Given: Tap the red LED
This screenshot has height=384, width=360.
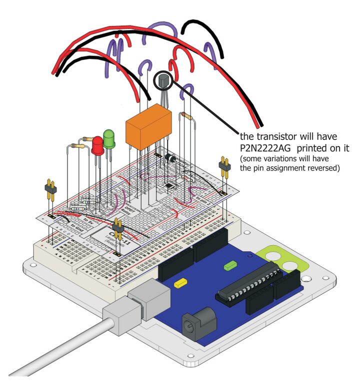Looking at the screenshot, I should tap(97, 146).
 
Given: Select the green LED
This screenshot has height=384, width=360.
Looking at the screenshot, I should tap(109, 138).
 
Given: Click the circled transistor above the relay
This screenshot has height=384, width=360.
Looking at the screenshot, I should tap(163, 80).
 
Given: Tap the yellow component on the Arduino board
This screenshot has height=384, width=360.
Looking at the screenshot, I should tap(179, 283).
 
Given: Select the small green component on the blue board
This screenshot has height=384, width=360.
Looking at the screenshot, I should tap(230, 265).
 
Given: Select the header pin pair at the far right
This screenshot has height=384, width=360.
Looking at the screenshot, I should tap(223, 167).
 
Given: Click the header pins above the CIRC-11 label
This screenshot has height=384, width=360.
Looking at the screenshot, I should tap(118, 229).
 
